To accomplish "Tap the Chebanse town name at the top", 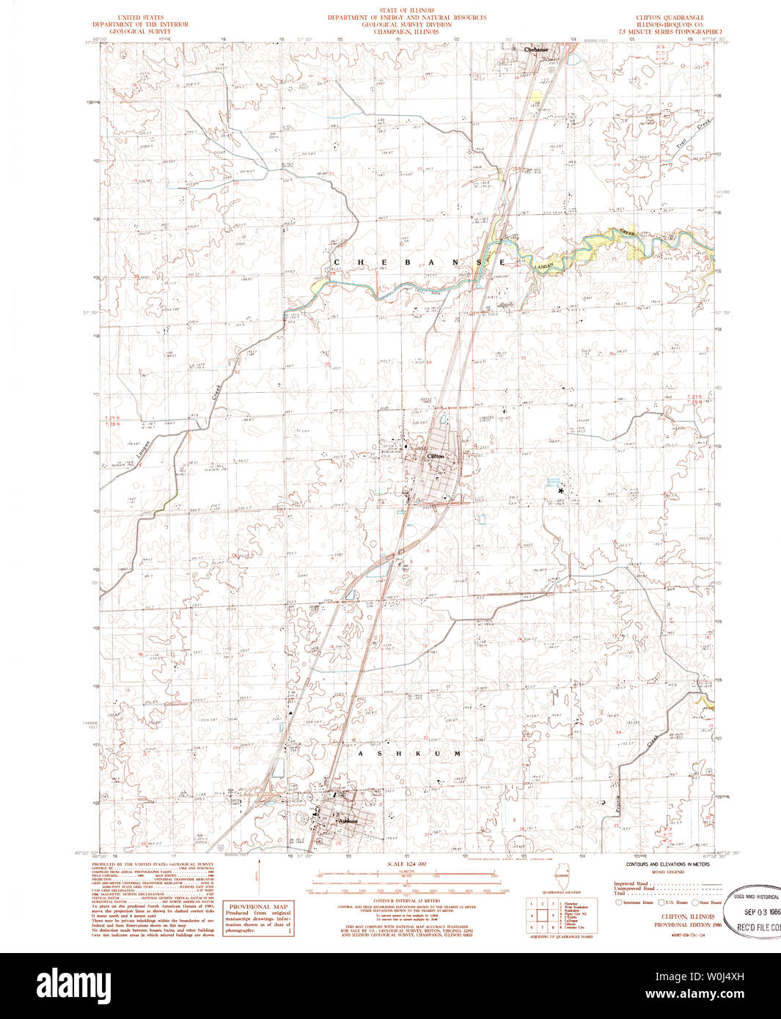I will coord(536,50).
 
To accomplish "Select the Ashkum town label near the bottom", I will coord(347,821).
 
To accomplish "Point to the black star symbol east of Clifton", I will coord(561,490).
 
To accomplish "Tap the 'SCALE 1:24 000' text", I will coord(406,864).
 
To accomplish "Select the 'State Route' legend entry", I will coord(709,902).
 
